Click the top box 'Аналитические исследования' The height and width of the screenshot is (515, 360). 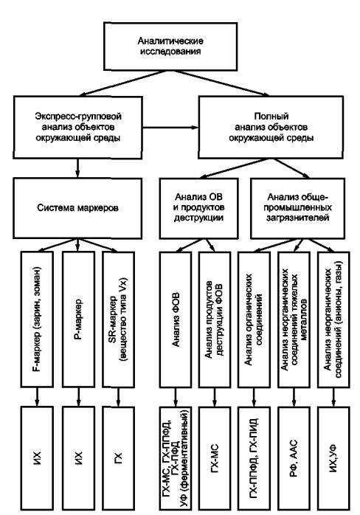[170, 46]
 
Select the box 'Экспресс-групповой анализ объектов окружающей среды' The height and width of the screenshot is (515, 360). [77, 128]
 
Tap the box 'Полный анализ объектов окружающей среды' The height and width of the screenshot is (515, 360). [271, 127]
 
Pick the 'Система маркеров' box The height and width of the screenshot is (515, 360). [77, 208]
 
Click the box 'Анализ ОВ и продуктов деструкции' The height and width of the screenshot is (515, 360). [198, 208]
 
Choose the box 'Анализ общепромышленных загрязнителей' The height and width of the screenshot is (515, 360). [297, 208]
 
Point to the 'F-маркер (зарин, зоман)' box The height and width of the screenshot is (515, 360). [37, 319]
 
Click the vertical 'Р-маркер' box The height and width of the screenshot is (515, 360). [78, 319]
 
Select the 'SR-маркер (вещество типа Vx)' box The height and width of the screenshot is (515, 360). [119, 319]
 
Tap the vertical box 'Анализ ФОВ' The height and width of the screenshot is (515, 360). [176, 319]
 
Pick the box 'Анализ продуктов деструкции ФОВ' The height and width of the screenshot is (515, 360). [215, 319]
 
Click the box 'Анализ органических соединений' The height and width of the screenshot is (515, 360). [254, 319]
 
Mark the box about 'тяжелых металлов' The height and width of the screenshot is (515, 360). [294, 319]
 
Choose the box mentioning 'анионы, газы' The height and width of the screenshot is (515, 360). [333, 319]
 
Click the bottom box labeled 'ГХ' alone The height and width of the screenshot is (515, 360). [119, 458]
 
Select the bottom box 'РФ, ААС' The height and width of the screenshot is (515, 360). [294, 458]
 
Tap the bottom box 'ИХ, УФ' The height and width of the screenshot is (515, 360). [333, 458]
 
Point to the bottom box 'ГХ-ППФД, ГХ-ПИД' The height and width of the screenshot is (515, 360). [254, 458]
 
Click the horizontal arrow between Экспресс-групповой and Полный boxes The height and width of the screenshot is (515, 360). [170, 128]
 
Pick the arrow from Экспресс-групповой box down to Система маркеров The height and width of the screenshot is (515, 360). [77, 168]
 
